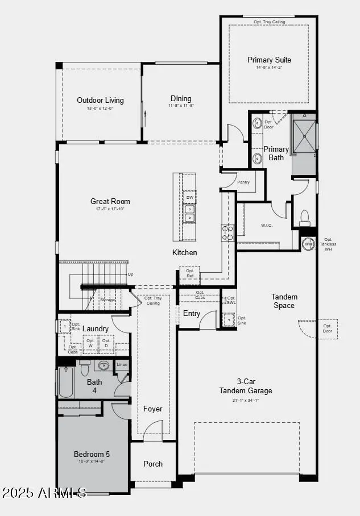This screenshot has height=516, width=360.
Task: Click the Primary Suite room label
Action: click(x=269, y=60)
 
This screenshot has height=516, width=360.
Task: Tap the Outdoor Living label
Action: click(x=100, y=101)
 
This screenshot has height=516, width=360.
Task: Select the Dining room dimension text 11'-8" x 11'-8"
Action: click(x=181, y=106)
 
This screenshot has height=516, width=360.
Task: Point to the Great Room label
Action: click(x=110, y=201)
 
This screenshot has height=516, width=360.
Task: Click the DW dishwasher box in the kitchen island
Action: click(x=189, y=198)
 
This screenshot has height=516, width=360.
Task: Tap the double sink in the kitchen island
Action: click(x=189, y=213)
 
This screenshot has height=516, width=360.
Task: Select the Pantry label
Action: click(x=243, y=182)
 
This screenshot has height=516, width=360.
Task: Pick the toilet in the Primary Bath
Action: click(x=304, y=218)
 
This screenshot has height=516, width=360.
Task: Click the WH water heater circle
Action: click(x=308, y=243)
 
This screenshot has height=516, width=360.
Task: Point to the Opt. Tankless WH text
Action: click(x=330, y=244)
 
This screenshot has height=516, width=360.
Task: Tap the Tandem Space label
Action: click(x=284, y=301)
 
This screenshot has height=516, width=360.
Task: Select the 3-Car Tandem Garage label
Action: click(x=246, y=386)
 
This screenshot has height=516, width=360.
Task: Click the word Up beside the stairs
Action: click(x=131, y=274)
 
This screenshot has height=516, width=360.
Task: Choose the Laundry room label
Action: click(x=95, y=328)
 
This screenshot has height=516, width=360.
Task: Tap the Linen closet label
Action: click(x=122, y=364)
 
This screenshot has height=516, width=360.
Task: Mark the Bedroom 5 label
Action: click(x=92, y=454)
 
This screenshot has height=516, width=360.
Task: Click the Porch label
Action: click(x=153, y=464)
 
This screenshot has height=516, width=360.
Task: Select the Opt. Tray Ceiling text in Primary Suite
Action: click(x=269, y=22)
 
